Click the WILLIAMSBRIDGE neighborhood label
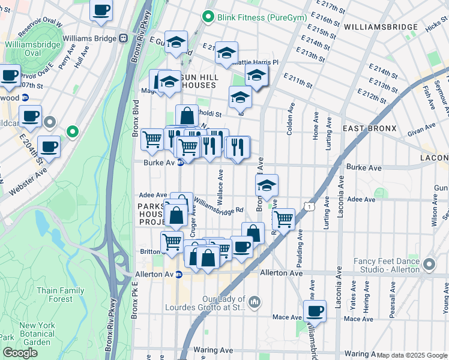[x=381, y=27]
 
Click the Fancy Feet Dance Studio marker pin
[x=429, y=263]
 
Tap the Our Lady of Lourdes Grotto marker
[x=254, y=301]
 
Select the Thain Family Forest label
[x=61, y=295]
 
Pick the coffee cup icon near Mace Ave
[x=315, y=311]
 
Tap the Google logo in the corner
[x=20, y=353]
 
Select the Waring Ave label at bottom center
[x=213, y=349]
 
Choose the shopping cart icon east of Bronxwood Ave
[x=283, y=218]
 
